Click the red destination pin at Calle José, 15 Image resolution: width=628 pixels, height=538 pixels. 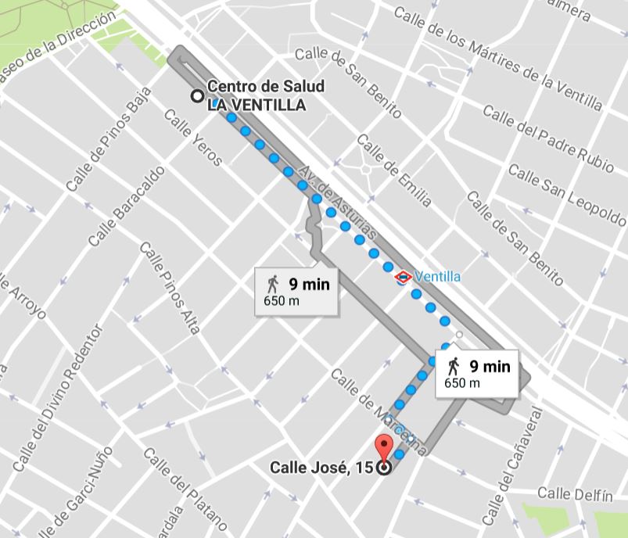coord(383,448)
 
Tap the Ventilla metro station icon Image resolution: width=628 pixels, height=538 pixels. coord(403,276)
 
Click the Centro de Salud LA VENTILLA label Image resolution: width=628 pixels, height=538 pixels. coord(266,96)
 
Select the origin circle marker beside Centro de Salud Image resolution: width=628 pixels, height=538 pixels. coord(198,96)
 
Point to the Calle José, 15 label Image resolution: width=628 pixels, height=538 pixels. coord(321,468)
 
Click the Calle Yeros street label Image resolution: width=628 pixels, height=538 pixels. coord(193,137)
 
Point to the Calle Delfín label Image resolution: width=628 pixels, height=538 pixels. coord(574,494)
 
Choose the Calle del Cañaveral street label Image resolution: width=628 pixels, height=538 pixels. coord(511,465)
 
